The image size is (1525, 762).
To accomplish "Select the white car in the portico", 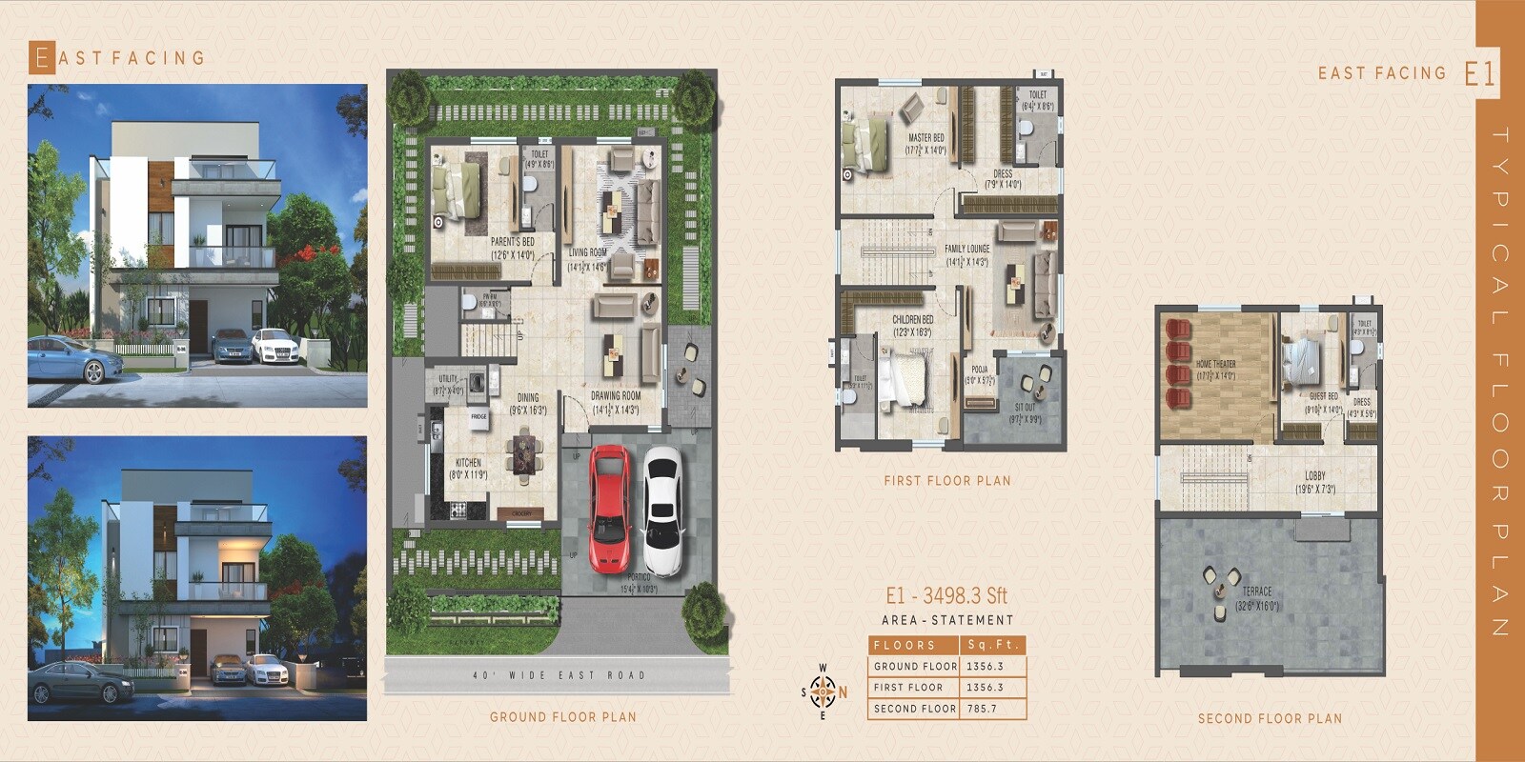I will [x=662, y=510].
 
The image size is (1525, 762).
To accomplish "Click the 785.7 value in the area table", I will [x=981, y=709].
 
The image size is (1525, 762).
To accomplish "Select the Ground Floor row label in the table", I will [x=915, y=667].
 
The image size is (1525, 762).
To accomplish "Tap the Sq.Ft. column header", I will [x=992, y=645].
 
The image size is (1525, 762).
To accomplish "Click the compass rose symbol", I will [x=823, y=692].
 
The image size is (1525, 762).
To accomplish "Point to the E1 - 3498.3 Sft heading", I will [x=945, y=596].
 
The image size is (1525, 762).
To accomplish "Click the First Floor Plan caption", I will [x=946, y=481].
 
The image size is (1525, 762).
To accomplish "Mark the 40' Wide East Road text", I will [x=559, y=675].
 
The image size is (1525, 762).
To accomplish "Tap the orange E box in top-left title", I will [x=41, y=58].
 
